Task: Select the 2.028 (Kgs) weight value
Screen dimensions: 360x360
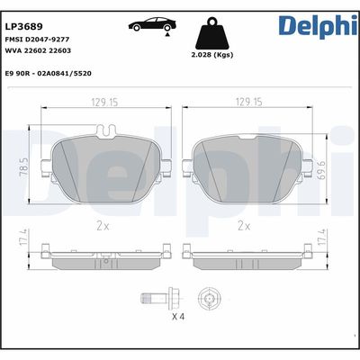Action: point(212,56)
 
